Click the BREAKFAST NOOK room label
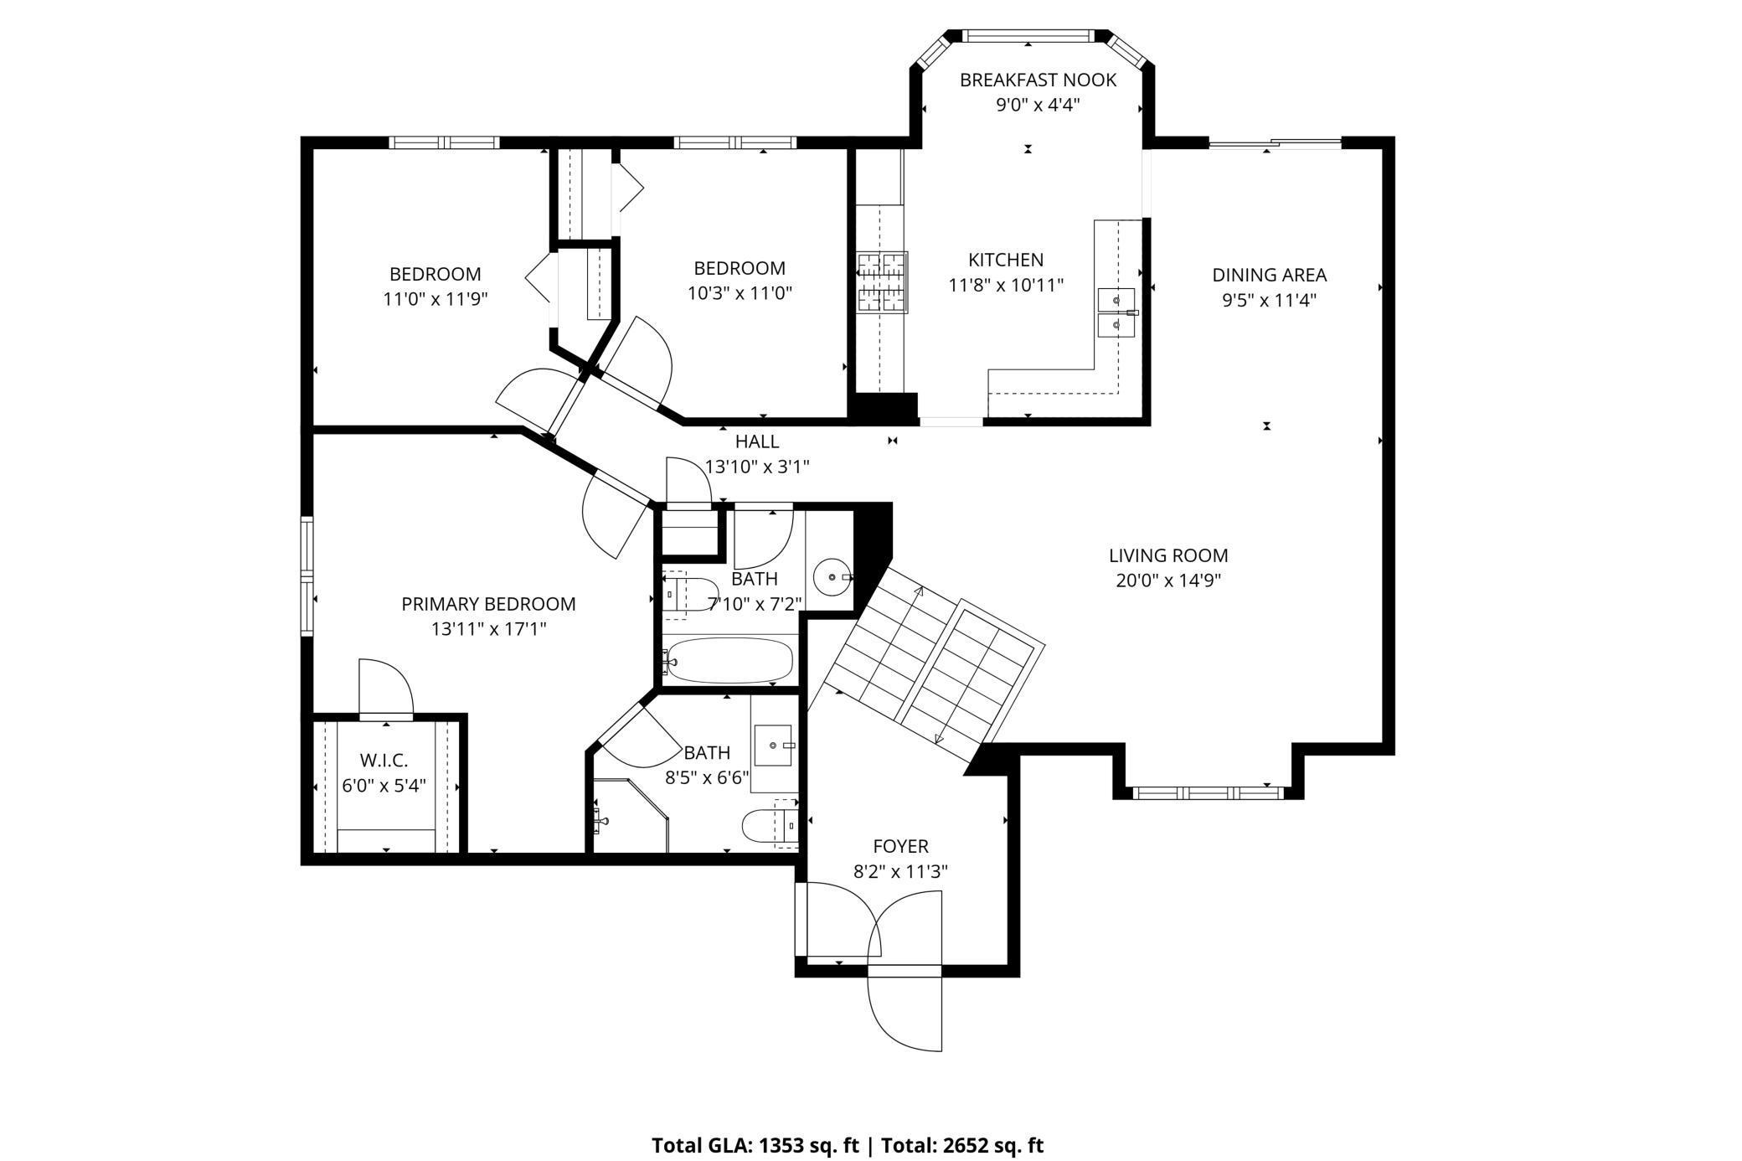[x=1038, y=80]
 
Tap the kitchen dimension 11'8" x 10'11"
[x=1006, y=285]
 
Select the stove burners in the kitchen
[x=882, y=282]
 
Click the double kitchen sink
[x=1116, y=312]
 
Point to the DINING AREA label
[x=1269, y=275]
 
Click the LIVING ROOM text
[x=1168, y=555]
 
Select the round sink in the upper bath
[x=832, y=576]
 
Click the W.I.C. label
[x=384, y=761]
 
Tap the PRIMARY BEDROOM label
[x=488, y=604]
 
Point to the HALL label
[x=757, y=441]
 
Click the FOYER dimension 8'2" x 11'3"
[x=900, y=871]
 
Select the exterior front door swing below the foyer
[x=909, y=1009]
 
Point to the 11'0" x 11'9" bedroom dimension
[x=435, y=299]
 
